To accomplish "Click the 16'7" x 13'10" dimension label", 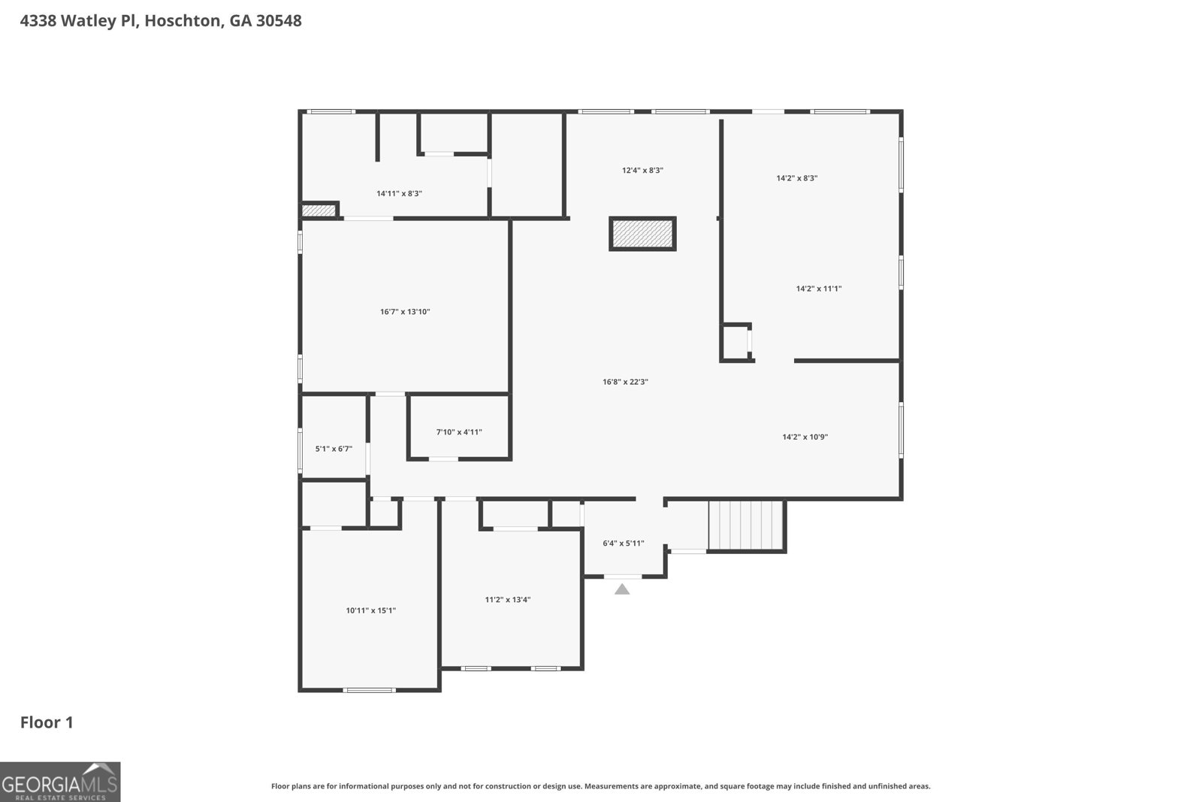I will [404, 312].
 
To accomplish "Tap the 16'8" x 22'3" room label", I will [625, 382].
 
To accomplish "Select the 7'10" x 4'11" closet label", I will [459, 432].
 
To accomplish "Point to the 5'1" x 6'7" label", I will [334, 449].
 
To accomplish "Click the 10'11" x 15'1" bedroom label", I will [370, 611].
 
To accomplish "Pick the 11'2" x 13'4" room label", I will [508, 600].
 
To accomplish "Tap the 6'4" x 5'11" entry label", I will [624, 543].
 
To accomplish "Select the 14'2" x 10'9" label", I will [805, 437].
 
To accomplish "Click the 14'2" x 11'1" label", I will [818, 289].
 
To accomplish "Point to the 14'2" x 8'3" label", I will [796, 179].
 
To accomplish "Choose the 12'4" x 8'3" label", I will [642, 171].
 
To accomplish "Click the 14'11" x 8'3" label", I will [399, 194].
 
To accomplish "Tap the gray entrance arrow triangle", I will [622, 589].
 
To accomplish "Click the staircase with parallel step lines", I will [746, 526].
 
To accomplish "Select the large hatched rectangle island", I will [642, 234].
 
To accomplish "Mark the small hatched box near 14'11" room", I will [319, 210].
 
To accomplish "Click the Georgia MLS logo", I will [60, 782].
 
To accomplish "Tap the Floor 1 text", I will [47, 723].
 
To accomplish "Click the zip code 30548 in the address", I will [279, 21].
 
